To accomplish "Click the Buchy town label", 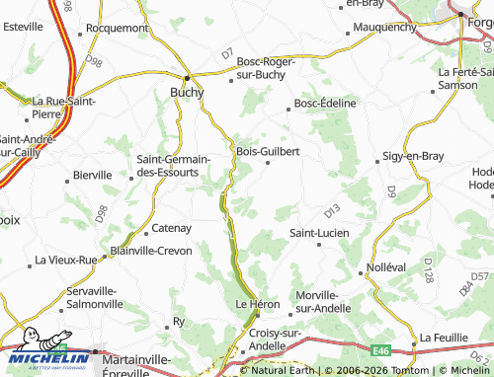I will pos(187,92).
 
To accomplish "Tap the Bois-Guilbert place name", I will pos(268,151).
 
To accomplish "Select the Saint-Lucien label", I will pos(318,233).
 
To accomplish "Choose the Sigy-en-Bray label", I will pos(412,156).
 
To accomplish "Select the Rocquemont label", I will pos(117,28).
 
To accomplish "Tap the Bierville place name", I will pos(93,175).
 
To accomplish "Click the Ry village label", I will pos(179,322).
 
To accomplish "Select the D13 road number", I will pos(331,210).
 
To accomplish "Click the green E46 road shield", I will pos(382,348).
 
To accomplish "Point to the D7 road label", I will pos(227,51).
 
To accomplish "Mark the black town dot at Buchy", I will pos(187,76).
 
